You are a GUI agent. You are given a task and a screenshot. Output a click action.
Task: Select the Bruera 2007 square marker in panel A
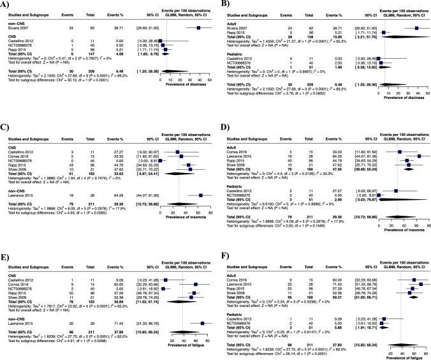coord(199,28)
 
